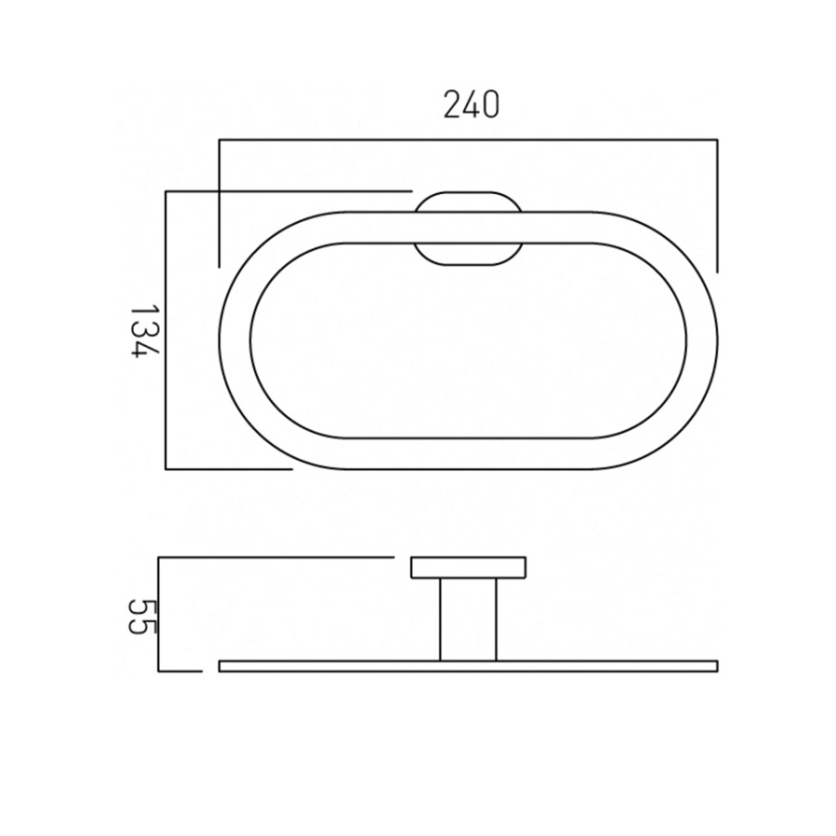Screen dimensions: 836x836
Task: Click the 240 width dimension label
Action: coord(470,105)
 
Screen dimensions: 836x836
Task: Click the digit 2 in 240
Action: coord(451,105)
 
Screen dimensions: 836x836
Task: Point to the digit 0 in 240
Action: coord(489,105)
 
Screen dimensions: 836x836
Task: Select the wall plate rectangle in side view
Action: coord(468,567)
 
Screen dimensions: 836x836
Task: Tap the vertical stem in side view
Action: coord(468,619)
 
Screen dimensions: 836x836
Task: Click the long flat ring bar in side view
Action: coord(468,665)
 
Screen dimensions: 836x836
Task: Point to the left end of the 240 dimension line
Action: coord(219,141)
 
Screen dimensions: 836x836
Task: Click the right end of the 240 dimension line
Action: coord(717,141)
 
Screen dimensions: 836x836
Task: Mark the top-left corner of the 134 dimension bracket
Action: coord(166,192)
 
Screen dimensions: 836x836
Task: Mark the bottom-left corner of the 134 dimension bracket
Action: coord(166,469)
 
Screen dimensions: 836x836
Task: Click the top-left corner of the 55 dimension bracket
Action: coord(158,558)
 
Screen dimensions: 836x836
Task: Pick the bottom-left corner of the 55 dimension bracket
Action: coord(158,671)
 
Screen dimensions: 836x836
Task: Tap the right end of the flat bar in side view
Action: coord(716,665)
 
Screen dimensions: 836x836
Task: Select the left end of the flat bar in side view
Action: coord(220,665)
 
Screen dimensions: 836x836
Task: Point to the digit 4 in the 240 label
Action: coord(470,105)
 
